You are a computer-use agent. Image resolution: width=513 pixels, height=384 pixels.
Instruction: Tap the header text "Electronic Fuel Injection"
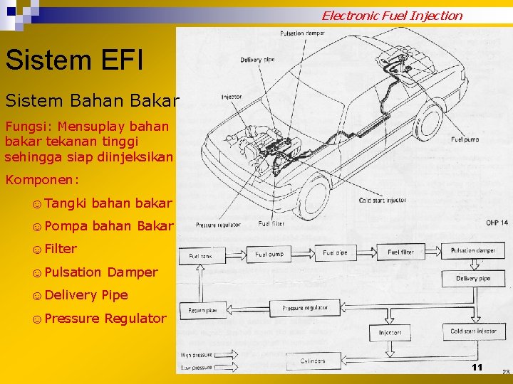(391, 15)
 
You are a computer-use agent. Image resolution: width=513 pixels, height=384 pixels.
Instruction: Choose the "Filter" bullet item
(60, 249)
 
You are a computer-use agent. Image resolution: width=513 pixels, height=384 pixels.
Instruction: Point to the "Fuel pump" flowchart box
(269, 253)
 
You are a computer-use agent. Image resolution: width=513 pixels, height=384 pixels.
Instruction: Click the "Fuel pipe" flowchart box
(335, 252)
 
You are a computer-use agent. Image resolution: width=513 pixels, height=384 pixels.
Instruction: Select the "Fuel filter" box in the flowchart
(400, 252)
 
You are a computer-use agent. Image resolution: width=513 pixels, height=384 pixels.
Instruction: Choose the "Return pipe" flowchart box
(202, 310)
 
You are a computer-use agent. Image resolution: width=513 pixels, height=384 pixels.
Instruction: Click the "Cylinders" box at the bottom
(313, 361)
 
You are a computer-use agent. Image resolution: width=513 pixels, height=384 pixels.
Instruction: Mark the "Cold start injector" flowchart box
(473, 331)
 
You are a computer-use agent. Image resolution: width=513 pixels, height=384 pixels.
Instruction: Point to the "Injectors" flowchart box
(390, 332)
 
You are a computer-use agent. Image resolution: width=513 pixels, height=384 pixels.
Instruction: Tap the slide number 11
(477, 367)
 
